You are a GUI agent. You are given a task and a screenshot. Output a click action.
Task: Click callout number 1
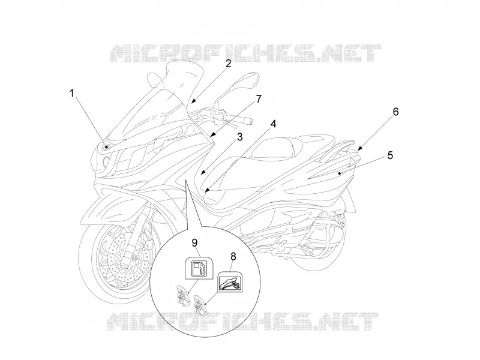tap(72, 93)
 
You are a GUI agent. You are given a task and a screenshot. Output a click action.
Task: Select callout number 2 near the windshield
tap(228, 64)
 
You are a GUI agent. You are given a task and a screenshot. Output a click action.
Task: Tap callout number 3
tap(239, 137)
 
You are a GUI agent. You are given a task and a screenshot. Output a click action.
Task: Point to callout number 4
tap(274, 124)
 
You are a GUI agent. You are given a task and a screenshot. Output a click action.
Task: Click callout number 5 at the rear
tap(390, 155)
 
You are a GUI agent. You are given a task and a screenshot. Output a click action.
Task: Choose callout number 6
tap(395, 112)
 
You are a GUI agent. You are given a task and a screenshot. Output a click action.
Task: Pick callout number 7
tap(259, 99)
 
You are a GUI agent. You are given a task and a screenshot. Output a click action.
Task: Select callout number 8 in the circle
tap(233, 256)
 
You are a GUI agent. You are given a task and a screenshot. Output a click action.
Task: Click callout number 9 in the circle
tap(194, 243)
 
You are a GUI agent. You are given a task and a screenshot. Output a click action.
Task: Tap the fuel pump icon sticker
tap(199, 268)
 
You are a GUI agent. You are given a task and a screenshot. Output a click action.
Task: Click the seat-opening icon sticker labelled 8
tap(230, 282)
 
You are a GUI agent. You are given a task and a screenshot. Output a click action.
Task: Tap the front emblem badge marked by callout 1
tap(106, 147)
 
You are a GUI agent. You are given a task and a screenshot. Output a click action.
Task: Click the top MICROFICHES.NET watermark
tap(245, 53)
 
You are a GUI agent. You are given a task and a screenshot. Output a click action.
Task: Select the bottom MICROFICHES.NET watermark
tap(244, 322)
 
